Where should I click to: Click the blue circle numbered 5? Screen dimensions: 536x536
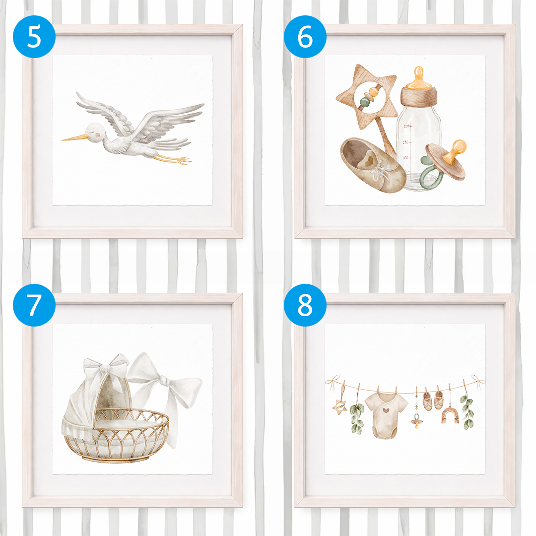point(34,37)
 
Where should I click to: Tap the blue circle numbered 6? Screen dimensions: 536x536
point(305,37)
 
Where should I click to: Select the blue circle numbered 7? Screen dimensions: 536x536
point(34,305)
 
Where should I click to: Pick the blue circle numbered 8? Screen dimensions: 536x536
point(305,305)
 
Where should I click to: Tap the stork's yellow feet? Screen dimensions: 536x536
point(174,159)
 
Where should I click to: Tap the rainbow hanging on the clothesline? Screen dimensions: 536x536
point(450,415)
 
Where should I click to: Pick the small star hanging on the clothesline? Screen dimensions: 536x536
point(340,407)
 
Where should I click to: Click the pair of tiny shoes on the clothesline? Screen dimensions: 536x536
point(433,401)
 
